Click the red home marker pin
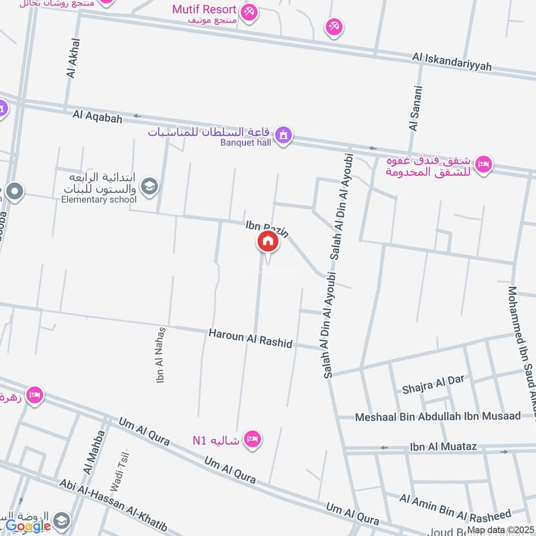(268, 243)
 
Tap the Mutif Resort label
(204, 9)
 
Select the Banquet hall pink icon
(285, 135)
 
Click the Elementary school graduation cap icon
(149, 186)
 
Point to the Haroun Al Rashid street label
(250, 338)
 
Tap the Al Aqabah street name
(97, 117)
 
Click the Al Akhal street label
(73, 58)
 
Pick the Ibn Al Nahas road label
(161, 355)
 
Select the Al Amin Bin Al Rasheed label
(456, 507)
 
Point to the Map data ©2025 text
(500, 529)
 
